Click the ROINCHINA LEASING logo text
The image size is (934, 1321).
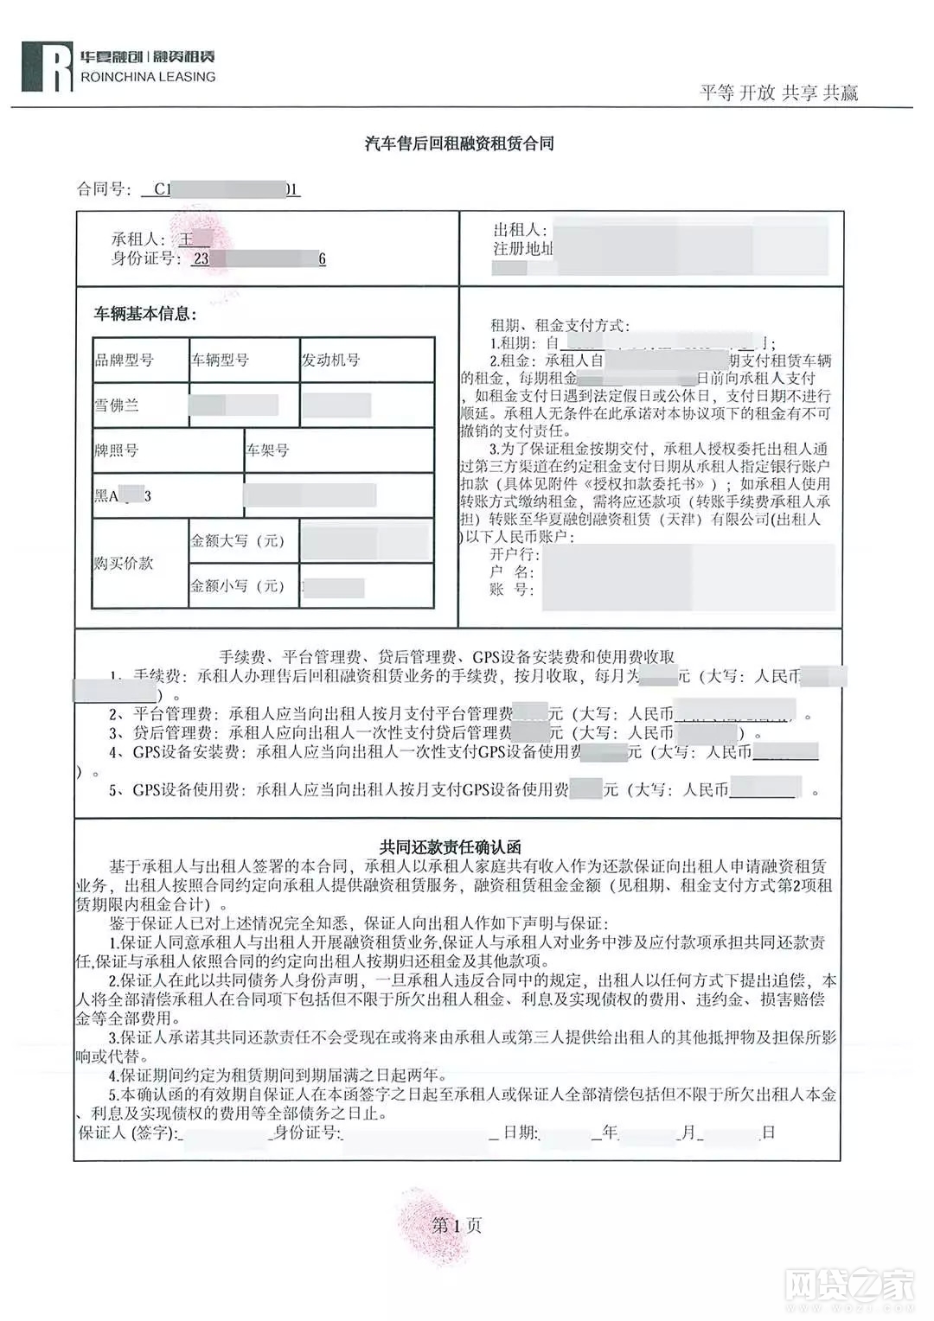pyautogui.click(x=147, y=77)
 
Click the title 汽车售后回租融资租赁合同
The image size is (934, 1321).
pyautogui.click(x=459, y=144)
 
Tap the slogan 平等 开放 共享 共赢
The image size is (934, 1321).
pyautogui.click(x=778, y=93)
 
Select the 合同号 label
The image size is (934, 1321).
pyautogui.click(x=104, y=189)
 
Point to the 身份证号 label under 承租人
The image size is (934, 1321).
pyautogui.click(x=146, y=258)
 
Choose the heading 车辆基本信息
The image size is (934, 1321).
pyautogui.click(x=145, y=314)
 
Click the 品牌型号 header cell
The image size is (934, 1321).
pyautogui.click(x=125, y=360)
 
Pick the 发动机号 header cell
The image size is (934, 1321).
pyautogui.click(x=330, y=360)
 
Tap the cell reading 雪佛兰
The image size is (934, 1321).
pyautogui.click(x=117, y=405)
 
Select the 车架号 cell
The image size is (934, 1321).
pyautogui.click(x=267, y=450)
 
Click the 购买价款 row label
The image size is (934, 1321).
pyautogui.click(x=124, y=564)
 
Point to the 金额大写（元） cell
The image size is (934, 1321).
pyautogui.click(x=238, y=541)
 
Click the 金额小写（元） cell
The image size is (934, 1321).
pyautogui.click(x=238, y=586)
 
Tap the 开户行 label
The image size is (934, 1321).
pyautogui.click(x=514, y=554)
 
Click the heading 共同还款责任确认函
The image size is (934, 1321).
pyautogui.click(x=451, y=846)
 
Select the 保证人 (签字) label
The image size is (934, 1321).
pyautogui.click(x=128, y=1133)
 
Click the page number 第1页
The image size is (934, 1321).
pyautogui.click(x=457, y=1225)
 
